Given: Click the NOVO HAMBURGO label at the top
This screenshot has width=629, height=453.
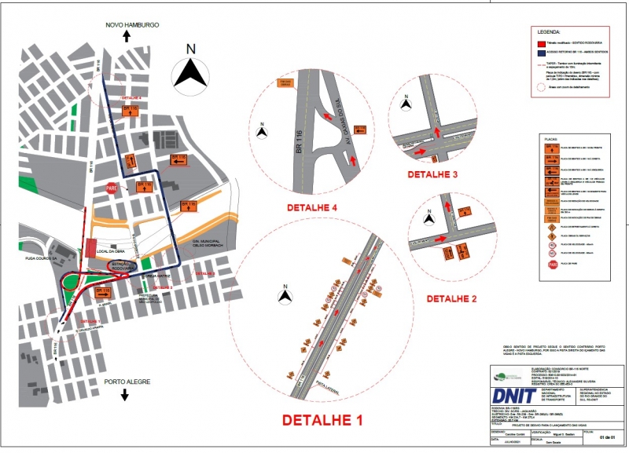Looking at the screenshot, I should click(x=133, y=25).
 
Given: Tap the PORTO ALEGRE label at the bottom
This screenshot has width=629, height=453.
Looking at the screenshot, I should click(x=124, y=382).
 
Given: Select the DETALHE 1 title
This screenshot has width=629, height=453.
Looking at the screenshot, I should click(x=322, y=418).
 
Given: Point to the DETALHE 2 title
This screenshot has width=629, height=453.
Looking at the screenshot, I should click(x=452, y=299).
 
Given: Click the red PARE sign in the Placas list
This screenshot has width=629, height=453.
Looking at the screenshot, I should click(x=552, y=265).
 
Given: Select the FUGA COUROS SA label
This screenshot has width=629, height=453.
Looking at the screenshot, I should click(x=39, y=255).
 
